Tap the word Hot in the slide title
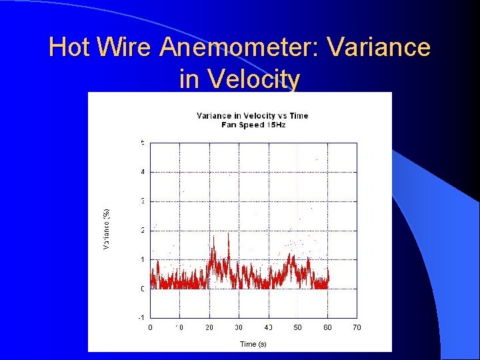69,48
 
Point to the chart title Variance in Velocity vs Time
253,115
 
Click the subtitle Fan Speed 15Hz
253,125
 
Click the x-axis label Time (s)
253,344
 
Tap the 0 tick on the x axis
150,327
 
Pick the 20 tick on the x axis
209,327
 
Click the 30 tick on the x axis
239,327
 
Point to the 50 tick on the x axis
297,327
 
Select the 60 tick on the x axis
327,327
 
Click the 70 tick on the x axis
357,327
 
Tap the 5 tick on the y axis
142,143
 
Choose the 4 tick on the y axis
142,172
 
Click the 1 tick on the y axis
142,259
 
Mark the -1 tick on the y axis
141,317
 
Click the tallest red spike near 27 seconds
229,235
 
